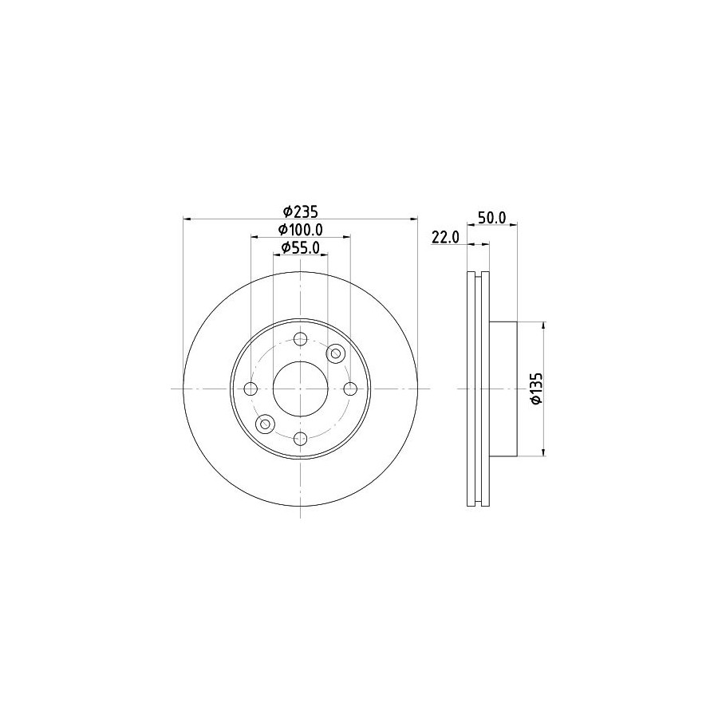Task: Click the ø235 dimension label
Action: [301, 211]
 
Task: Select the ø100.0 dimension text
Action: [301, 229]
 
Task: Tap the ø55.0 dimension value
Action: [301, 247]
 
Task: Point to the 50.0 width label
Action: [491, 218]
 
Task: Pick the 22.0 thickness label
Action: [445, 237]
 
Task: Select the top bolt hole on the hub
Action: [301, 339]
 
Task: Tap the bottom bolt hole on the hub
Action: [301, 439]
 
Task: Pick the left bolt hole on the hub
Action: [251, 389]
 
